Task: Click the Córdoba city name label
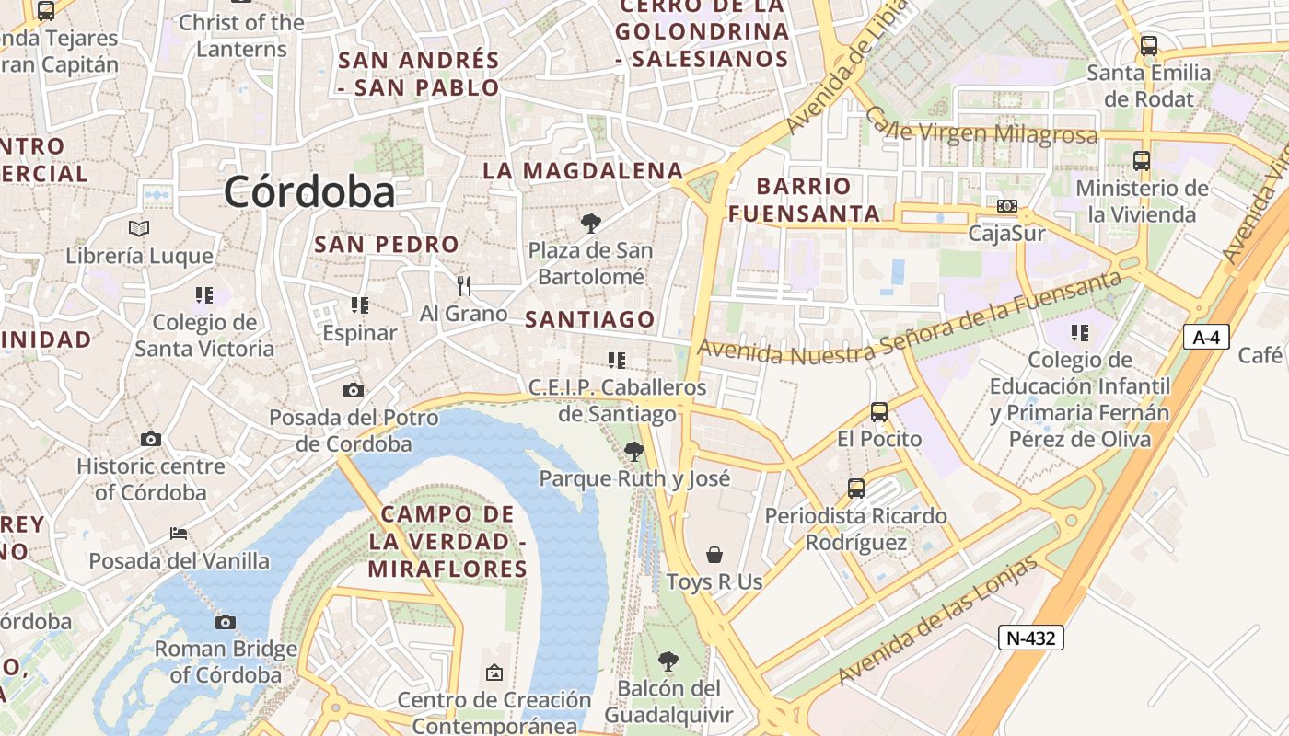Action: coord(309,191)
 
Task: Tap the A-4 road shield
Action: coord(1206,338)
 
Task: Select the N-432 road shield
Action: coord(1030,638)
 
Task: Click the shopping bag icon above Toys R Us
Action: coord(714,554)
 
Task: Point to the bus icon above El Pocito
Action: coord(879,412)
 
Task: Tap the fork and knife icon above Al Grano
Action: coord(464,286)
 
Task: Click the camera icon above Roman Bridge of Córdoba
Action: coord(226,622)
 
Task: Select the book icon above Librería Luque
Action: coord(139,228)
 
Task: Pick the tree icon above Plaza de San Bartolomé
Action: coord(590,223)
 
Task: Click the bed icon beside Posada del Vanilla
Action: coord(179,534)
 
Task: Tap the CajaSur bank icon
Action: coord(1007,206)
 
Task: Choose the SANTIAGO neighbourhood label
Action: coord(590,319)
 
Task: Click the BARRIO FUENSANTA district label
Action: coord(804,200)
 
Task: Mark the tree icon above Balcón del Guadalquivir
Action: coord(668,661)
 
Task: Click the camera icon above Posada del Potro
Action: coord(353,390)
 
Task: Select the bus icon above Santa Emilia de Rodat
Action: coord(1148,45)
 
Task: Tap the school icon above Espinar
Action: coord(359,305)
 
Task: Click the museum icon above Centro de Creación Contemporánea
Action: coord(494,673)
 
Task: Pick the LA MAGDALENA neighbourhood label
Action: coord(583,170)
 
